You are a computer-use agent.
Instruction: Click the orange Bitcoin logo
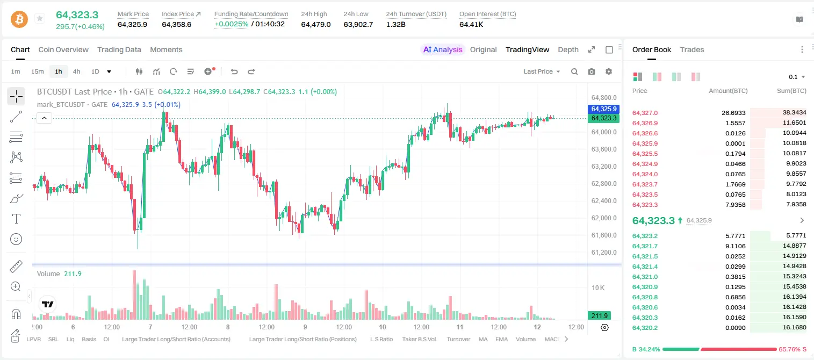click(19, 19)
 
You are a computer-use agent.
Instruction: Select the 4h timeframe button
click(76, 71)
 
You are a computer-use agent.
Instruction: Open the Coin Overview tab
click(63, 50)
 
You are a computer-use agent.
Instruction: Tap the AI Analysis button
click(443, 50)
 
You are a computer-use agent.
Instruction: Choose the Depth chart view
click(568, 50)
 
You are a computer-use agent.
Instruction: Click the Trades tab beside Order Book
click(692, 50)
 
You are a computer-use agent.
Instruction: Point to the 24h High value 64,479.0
click(316, 24)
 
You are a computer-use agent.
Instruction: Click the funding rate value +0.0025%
click(232, 24)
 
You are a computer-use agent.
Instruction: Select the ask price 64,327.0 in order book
click(645, 113)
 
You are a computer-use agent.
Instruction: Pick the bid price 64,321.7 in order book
click(645, 246)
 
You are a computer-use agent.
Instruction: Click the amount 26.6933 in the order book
click(733, 113)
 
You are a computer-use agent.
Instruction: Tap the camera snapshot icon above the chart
click(592, 71)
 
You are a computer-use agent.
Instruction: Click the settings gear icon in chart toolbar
click(609, 71)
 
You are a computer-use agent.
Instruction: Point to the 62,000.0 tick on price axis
click(604, 218)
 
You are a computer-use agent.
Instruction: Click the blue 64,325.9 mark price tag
click(603, 109)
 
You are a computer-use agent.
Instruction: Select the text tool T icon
click(16, 219)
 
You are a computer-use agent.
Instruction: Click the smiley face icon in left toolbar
click(16, 239)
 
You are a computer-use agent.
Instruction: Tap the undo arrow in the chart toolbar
click(234, 71)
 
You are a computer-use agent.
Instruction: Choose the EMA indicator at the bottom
click(501, 339)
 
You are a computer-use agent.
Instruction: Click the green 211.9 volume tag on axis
click(599, 316)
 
